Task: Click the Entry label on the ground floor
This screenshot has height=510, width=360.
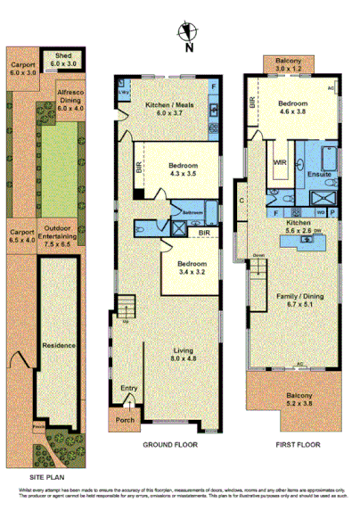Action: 130,388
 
